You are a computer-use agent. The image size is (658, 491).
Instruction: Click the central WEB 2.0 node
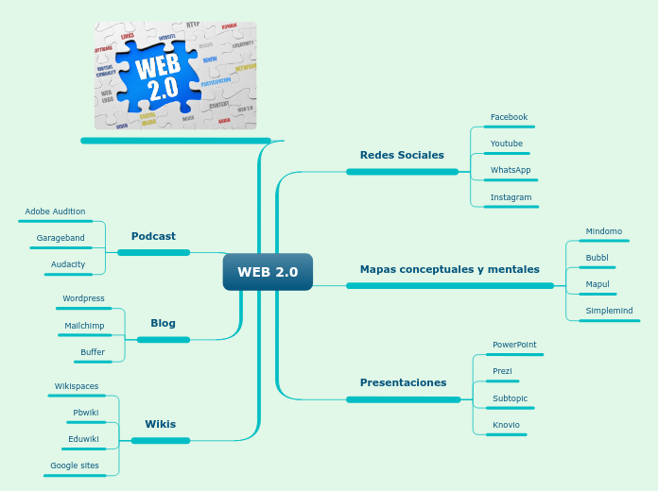[x=268, y=272]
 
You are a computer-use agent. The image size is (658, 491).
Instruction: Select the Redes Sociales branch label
[x=402, y=155]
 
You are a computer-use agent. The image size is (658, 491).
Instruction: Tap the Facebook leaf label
[x=509, y=117]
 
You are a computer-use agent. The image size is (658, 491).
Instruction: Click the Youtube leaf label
[x=506, y=144]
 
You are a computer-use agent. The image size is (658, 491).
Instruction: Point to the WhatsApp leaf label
[x=511, y=170]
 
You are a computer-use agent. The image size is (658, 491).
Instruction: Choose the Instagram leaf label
[x=511, y=197]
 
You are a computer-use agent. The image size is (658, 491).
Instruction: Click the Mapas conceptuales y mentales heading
[x=449, y=269]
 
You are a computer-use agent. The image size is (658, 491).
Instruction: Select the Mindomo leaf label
[x=603, y=231]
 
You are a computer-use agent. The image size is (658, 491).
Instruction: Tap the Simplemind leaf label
[x=609, y=311]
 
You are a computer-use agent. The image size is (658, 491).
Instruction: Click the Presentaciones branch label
[x=403, y=382]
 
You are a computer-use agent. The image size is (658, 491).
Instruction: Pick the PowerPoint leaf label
[x=514, y=345]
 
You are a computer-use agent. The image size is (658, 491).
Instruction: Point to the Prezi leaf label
[x=502, y=372]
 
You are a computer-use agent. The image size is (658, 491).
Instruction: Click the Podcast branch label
[x=153, y=236]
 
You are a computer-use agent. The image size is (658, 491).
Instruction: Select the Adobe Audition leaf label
[x=55, y=212]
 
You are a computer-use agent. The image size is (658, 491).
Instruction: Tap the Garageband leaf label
[x=61, y=238]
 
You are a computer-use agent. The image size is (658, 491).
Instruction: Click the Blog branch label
[x=163, y=323]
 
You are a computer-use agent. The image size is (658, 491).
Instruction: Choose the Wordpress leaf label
[x=83, y=298]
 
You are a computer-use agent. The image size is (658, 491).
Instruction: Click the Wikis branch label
[x=160, y=424]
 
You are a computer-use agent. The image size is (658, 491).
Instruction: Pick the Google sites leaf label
[x=75, y=466]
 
